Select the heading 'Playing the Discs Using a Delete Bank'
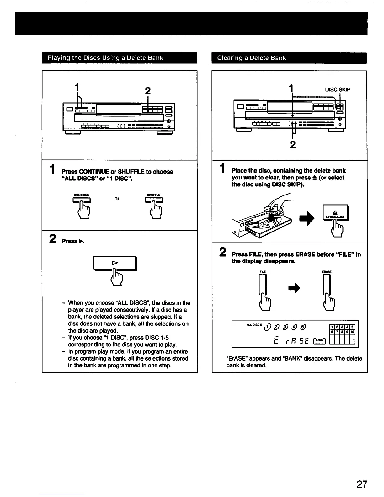coord(105,58)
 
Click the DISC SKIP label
coord(338,89)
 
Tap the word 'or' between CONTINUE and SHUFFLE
coord(117,199)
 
